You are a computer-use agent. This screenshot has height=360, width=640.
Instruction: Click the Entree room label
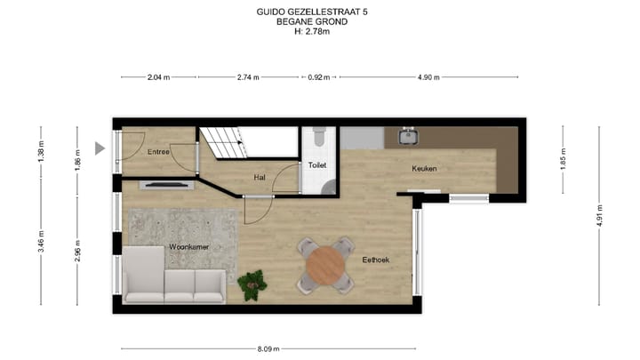pyautogui.click(x=159, y=152)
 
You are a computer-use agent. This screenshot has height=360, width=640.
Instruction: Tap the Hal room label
pyautogui.click(x=260, y=177)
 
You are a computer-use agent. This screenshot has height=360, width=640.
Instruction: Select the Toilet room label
pyautogui.click(x=317, y=165)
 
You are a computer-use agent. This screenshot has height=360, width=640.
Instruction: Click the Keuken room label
pyautogui.click(x=424, y=168)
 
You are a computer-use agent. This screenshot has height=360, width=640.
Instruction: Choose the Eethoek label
pyautogui.click(x=376, y=260)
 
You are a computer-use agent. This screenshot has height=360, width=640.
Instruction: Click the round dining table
pyautogui.click(x=325, y=264)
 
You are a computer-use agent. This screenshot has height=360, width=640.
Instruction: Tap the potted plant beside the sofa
pyautogui.click(x=252, y=284)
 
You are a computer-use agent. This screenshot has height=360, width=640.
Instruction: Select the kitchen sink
pyautogui.click(x=410, y=136)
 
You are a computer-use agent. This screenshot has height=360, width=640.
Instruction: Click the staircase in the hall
pyautogui.click(x=222, y=142)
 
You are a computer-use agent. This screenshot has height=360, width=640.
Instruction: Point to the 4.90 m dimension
pyautogui.click(x=429, y=77)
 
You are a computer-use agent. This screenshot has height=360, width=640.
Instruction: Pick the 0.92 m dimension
pyautogui.click(x=317, y=77)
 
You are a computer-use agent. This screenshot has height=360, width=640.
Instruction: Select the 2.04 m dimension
pyautogui.click(x=160, y=77)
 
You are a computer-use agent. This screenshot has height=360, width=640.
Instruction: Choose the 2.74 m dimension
pyautogui.click(x=248, y=77)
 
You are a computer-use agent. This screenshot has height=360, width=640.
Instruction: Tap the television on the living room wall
pyautogui.click(x=165, y=185)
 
